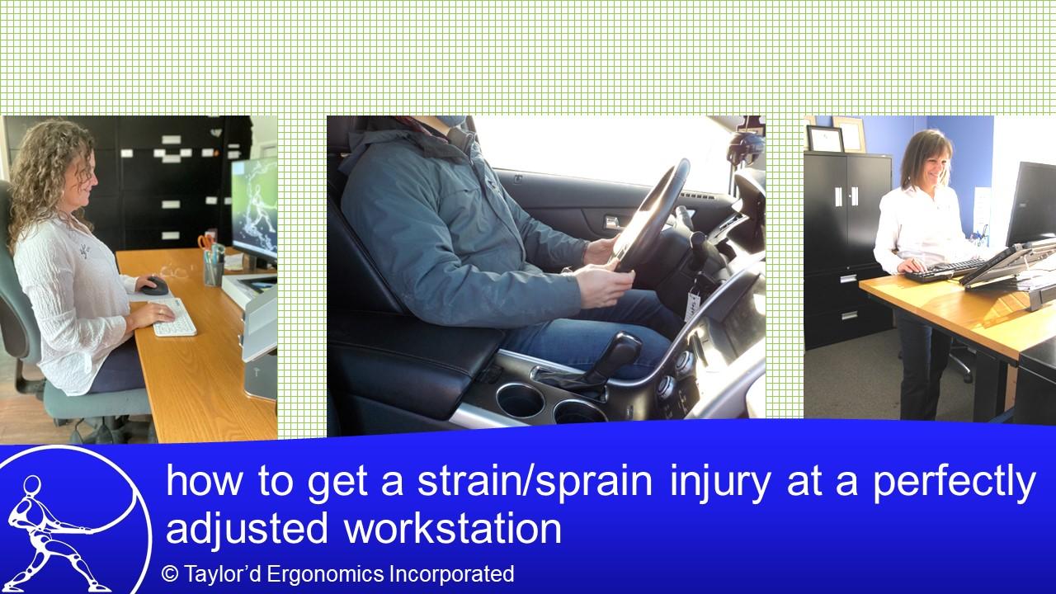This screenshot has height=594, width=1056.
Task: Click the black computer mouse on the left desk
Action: point(156,285)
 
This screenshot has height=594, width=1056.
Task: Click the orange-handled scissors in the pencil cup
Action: point(206,243)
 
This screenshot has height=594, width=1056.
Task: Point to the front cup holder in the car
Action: point(520,401)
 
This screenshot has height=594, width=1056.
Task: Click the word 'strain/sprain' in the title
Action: point(535,481)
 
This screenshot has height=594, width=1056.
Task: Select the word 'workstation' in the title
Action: point(453,529)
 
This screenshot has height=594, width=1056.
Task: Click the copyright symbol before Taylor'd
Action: point(170,573)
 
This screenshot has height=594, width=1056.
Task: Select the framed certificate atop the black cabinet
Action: point(824,139)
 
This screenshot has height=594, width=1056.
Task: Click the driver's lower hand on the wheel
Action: point(604,285)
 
